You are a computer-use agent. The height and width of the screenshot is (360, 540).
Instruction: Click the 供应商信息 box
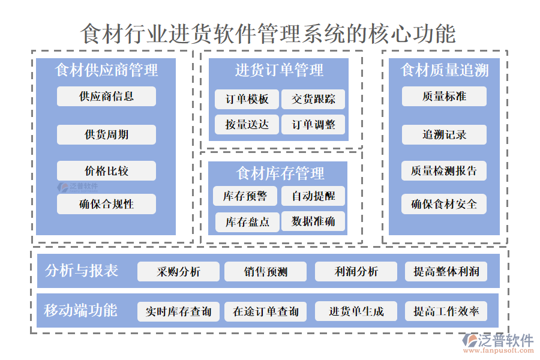(106, 96)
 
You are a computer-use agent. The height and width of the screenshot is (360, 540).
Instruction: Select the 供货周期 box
(106, 134)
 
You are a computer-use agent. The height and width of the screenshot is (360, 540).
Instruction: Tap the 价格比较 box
(106, 171)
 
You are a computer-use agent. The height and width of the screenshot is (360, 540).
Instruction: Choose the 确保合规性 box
(106, 204)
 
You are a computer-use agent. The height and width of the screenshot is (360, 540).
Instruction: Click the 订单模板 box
(247, 99)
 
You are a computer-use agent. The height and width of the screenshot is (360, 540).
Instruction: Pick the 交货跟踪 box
(313, 99)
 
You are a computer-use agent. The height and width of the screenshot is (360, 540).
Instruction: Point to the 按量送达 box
(247, 125)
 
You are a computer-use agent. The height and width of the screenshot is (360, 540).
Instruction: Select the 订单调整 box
(313, 125)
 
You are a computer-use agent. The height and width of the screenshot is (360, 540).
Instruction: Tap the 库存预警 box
(246, 196)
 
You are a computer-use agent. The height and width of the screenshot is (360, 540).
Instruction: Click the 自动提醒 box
(313, 196)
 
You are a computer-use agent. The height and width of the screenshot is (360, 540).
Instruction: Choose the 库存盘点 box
(247, 222)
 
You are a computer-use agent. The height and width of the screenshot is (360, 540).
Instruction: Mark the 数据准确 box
(313, 222)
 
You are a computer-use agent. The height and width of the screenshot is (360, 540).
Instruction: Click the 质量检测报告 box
(444, 171)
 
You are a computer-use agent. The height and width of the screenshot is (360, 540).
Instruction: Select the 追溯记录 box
(444, 134)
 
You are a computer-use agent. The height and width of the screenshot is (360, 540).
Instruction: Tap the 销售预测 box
(265, 272)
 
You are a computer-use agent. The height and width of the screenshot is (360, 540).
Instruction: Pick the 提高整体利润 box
(446, 272)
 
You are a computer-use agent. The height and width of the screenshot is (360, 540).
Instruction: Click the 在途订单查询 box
(265, 311)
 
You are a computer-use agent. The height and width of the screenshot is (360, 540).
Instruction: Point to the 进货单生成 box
(356, 311)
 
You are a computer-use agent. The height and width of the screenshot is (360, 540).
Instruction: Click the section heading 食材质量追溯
(444, 70)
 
